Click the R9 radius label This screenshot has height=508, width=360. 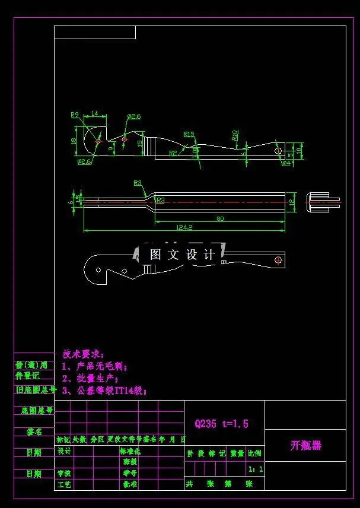pyautogui.click(x=75, y=115)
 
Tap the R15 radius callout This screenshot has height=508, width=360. pyautogui.click(x=189, y=134)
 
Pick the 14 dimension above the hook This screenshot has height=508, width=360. pyautogui.click(x=95, y=113)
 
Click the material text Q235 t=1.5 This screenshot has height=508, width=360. pyautogui.click(x=221, y=424)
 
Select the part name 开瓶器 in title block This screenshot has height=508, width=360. pyautogui.click(x=305, y=445)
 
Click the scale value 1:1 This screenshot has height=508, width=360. pyautogui.click(x=256, y=469)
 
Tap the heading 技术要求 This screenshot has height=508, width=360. pyautogui.click(x=83, y=354)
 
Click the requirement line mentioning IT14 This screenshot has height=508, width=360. pyautogui.click(x=104, y=390)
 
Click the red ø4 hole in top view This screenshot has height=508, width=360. pyautogui.click(x=278, y=151)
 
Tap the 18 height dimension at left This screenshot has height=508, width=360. pyautogui.click(x=74, y=141)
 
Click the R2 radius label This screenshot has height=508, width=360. pyautogui.click(x=173, y=153)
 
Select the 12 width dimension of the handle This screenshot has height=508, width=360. pyautogui.click(x=291, y=201)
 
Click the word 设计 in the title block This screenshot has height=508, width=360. pyautogui.click(x=64, y=451)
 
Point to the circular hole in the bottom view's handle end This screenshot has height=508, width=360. pyautogui.click(x=278, y=259)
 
